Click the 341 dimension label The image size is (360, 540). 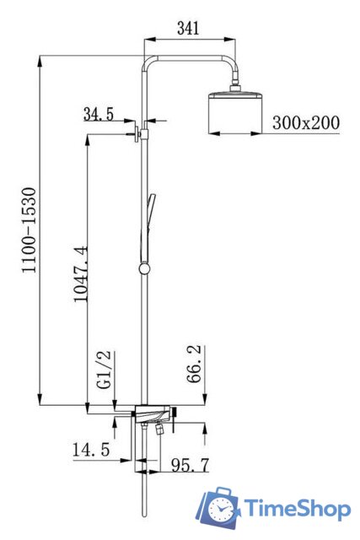[188, 28]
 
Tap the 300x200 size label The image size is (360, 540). [306, 122]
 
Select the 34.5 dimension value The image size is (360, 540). [99, 114]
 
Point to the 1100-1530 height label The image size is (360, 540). [29, 230]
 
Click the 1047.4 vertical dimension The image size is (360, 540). [81, 273]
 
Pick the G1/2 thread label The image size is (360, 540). [105, 370]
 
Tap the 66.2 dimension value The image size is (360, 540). [195, 364]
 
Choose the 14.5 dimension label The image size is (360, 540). [91, 450]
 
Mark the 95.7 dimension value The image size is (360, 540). [191, 465]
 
